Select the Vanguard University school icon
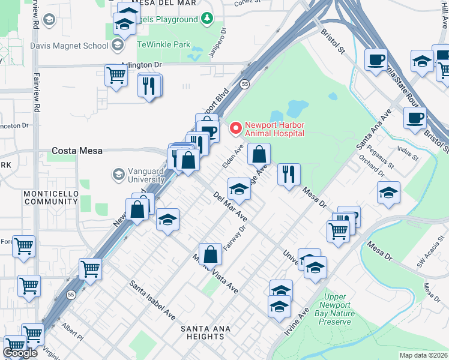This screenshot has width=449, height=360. click(x=118, y=175)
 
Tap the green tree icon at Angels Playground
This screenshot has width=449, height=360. click(x=206, y=19)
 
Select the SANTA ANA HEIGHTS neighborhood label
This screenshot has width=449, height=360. click(x=215, y=329)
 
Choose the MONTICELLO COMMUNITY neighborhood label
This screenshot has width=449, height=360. click(x=51, y=198)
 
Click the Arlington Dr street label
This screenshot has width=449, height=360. click(x=142, y=65)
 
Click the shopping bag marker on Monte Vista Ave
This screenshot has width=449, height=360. click(x=211, y=254)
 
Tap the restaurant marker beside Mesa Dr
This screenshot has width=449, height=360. click(x=289, y=175)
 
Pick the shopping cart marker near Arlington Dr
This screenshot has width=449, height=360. click(x=116, y=76)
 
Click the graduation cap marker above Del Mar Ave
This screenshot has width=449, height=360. click(x=239, y=189)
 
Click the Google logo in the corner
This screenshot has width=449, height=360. click(x=20, y=353)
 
